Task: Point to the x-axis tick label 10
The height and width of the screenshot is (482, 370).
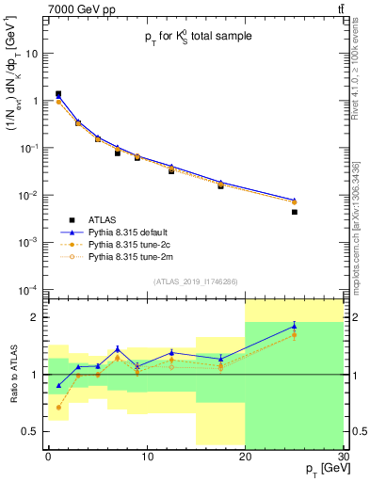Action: click(146, 457)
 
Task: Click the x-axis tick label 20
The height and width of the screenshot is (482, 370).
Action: click(245, 457)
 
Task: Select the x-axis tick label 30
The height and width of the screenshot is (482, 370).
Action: click(343, 457)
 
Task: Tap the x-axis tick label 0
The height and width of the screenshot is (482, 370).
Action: click(48, 457)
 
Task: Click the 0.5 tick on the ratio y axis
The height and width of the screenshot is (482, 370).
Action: click(33, 431)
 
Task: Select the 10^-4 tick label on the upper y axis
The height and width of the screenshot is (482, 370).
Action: click(30, 289)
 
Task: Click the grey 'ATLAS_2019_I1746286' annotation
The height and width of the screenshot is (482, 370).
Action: click(196, 281)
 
